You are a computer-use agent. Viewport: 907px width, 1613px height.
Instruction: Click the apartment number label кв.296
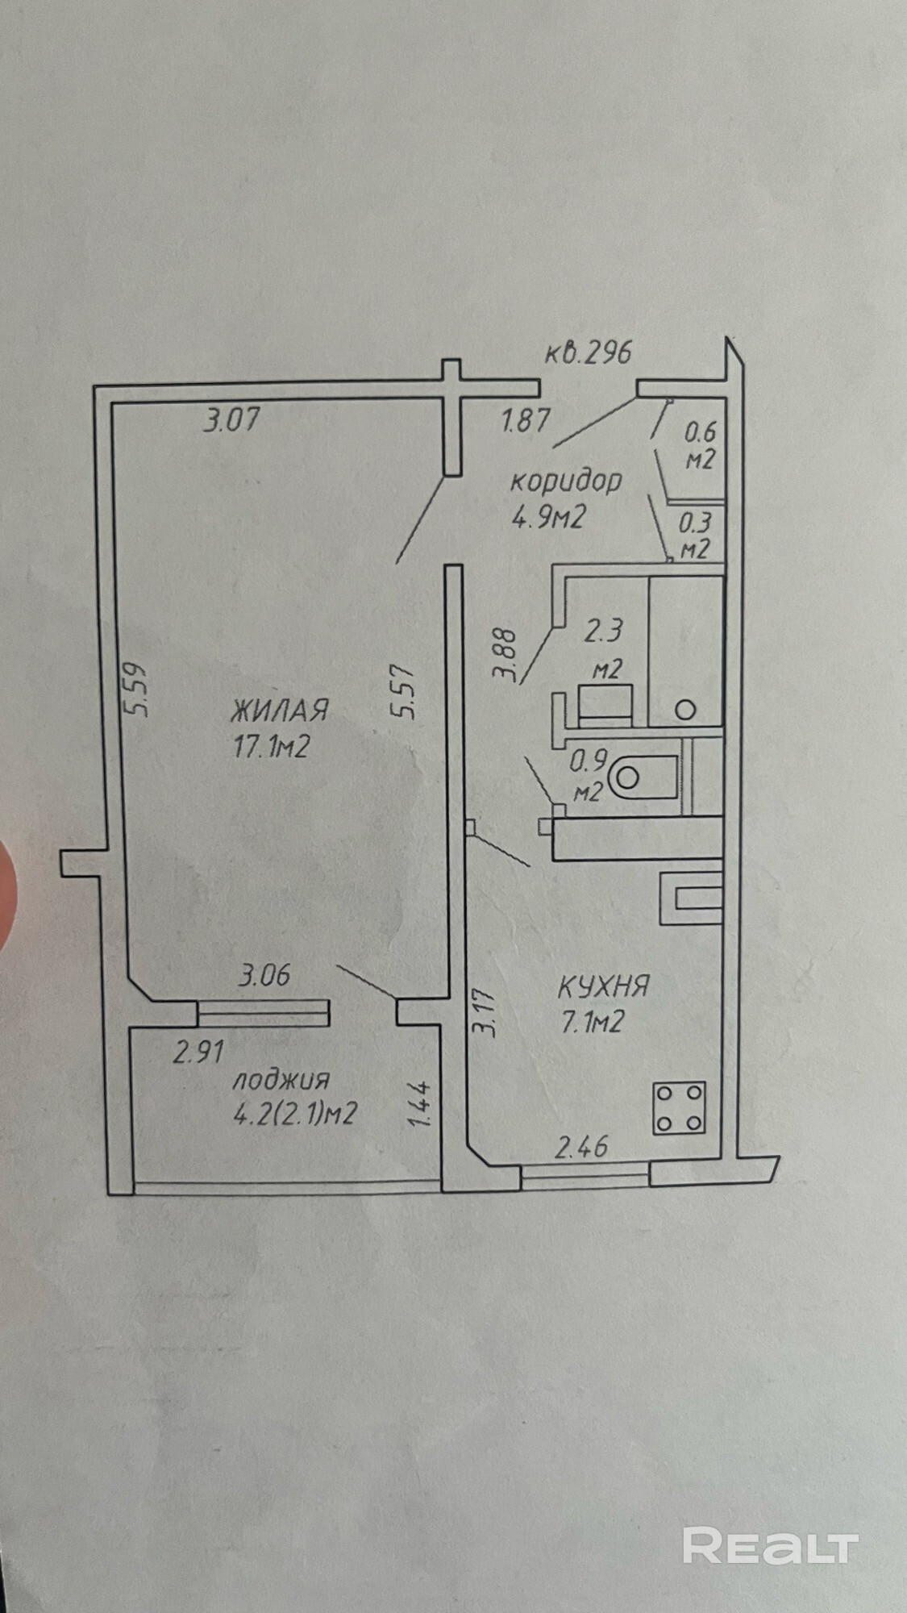pos(588,353)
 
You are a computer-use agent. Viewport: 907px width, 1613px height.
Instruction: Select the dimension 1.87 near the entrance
pos(526,421)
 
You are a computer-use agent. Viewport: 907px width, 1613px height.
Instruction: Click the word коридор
pos(566,481)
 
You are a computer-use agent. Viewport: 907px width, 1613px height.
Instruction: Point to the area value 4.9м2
pos(547,515)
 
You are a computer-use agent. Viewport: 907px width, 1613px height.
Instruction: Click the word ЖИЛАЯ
pos(280,711)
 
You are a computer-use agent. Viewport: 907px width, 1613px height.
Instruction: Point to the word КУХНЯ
pos(604,986)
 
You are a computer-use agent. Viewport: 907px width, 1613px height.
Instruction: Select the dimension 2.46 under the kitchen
pos(580,1147)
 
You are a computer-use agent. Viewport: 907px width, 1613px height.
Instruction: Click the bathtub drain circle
pos(685,710)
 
